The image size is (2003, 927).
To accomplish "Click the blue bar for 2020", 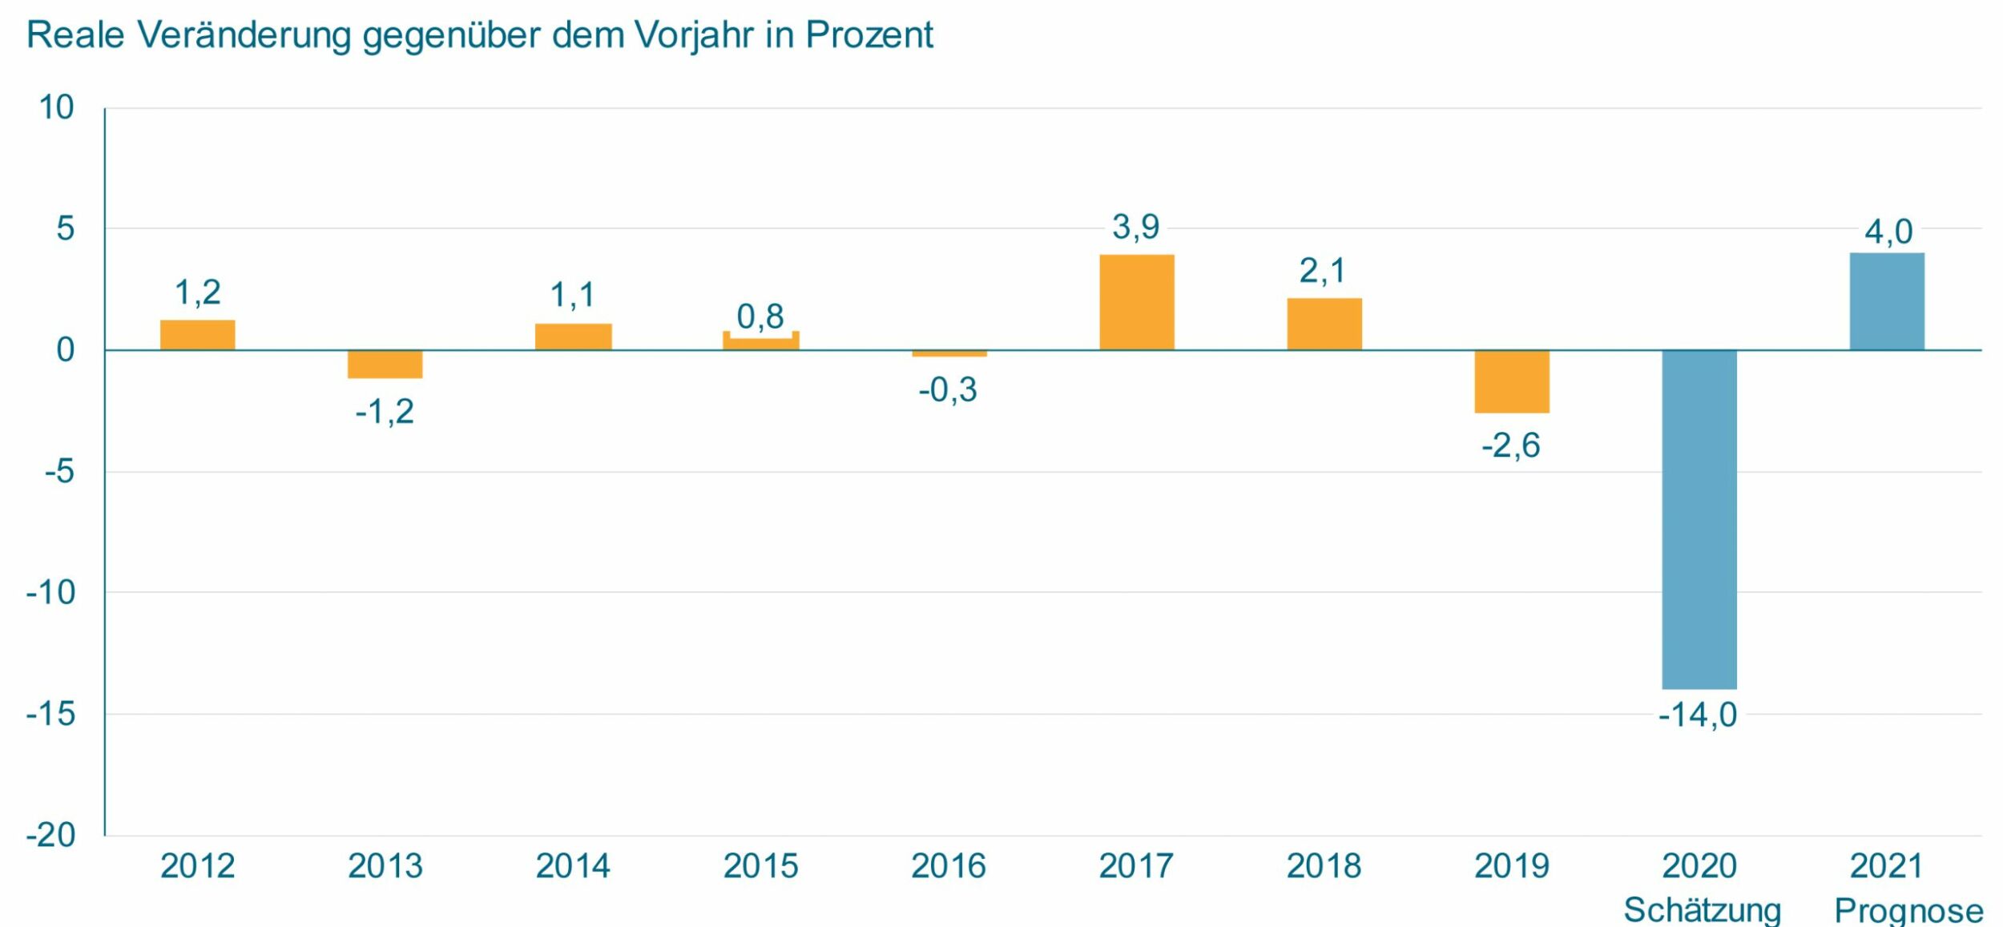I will click(1699, 519).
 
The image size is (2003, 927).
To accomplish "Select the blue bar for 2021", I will click(1886, 302).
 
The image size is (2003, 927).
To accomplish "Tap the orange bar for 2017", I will click(1136, 302).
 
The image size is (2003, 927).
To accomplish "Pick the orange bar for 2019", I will click(1511, 381).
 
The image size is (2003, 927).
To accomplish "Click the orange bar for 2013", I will click(385, 364).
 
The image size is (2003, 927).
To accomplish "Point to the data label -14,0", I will click(1697, 715).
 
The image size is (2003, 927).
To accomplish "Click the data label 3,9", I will click(1135, 228).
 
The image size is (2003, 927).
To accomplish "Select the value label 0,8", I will click(760, 316).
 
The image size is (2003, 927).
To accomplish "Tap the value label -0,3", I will click(947, 390).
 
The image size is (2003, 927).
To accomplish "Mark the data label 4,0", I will click(1888, 232).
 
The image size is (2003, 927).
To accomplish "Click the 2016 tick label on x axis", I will click(948, 866).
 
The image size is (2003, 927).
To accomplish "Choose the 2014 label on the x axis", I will click(572, 866).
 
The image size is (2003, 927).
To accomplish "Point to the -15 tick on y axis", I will click(51, 714).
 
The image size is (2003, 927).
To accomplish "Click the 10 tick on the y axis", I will click(56, 107).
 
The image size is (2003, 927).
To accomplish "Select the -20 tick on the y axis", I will click(51, 835).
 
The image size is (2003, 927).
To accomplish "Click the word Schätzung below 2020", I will click(1702, 910).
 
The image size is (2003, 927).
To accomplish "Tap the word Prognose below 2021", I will click(1908, 910).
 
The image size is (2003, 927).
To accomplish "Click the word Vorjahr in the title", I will click(693, 35).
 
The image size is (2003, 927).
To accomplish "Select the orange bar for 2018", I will click(1324, 324).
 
